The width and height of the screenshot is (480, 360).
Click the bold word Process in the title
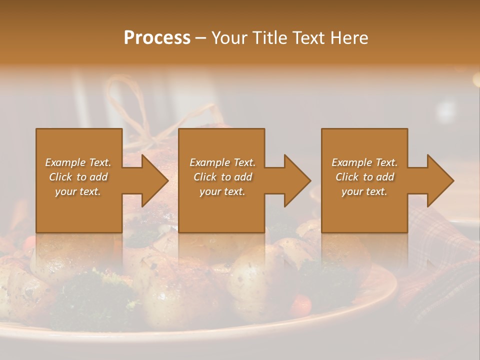click(157, 38)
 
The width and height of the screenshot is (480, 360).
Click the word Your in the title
click(228, 38)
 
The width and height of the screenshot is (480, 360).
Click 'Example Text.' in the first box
click(78, 162)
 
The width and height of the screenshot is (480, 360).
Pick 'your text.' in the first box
click(78, 191)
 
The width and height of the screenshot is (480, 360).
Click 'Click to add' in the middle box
click(222, 177)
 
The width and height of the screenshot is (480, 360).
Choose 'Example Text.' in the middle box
click(222, 162)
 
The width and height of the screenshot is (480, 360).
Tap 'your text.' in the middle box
click(222, 191)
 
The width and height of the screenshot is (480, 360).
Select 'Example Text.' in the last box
click(364, 162)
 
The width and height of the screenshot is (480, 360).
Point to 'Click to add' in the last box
click(364, 177)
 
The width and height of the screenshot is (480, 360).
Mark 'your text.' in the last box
click(364, 191)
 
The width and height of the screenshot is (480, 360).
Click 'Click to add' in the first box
click(78, 177)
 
